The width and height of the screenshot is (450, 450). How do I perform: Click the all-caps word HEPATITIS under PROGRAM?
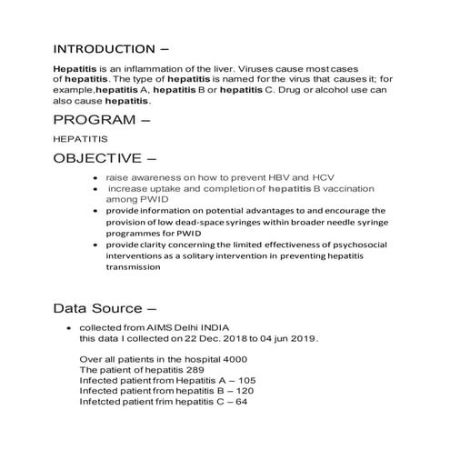click(80, 140)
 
